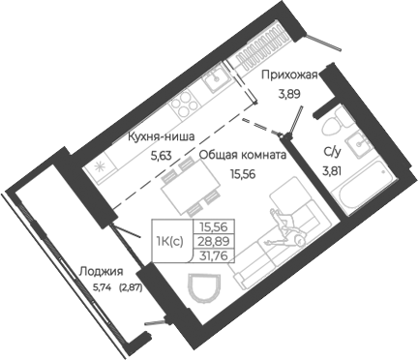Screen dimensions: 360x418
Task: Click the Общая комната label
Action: [242, 153]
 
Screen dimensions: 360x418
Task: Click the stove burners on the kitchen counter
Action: [182, 102]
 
